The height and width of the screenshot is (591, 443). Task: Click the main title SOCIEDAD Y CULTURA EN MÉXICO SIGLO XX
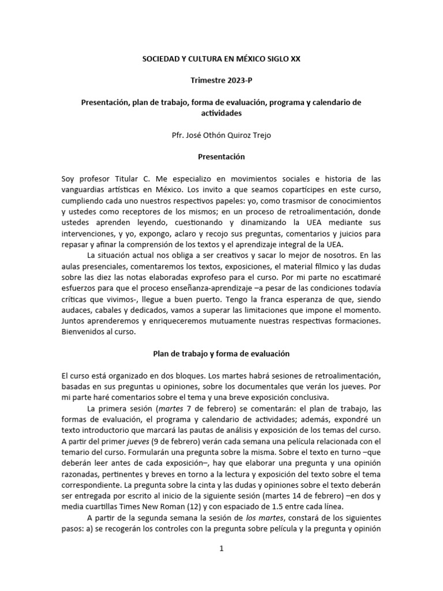pos(221,59)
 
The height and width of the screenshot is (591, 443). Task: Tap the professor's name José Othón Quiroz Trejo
pos(230,135)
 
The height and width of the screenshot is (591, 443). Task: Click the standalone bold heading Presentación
pos(221,156)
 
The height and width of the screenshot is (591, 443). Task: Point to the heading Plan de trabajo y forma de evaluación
pos(221,353)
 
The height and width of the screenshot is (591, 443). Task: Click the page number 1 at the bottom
pos(221,549)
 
